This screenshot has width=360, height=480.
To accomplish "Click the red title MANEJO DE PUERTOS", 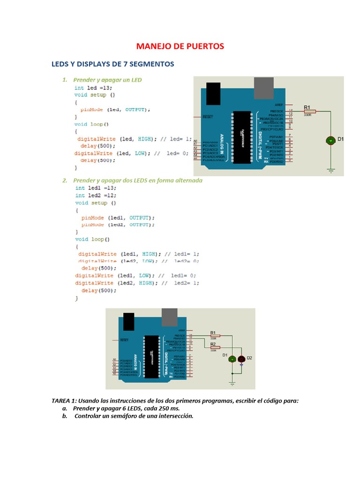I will [180, 46].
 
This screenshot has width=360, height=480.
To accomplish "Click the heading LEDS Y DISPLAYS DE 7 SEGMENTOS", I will [112, 63].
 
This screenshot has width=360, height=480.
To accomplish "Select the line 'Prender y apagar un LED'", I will [107, 80].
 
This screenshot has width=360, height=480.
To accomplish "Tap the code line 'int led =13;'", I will [93, 88].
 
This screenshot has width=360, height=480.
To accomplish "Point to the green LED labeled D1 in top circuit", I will [330, 140].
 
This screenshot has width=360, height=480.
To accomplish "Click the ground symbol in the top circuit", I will [331, 171].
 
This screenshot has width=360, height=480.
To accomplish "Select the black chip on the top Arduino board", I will [242, 137].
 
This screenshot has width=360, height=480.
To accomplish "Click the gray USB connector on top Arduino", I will [265, 88].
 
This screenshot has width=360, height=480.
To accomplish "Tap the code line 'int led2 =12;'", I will [96, 195].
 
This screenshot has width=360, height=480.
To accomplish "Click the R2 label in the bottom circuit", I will [213, 344].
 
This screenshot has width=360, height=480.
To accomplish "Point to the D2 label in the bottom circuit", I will [249, 358].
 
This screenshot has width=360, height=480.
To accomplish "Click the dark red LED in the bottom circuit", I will [241, 359].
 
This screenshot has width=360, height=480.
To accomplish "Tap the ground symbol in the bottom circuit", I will [232, 383].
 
